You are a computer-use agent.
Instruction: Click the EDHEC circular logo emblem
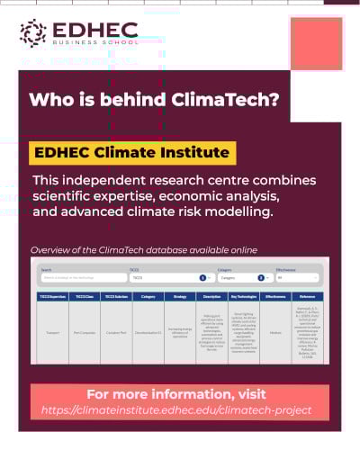click(33, 32)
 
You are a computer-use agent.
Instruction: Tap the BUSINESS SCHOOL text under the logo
click(94, 42)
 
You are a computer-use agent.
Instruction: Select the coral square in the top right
click(317, 43)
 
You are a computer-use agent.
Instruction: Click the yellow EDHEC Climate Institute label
click(131, 152)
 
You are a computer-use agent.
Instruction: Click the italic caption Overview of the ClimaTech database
click(144, 249)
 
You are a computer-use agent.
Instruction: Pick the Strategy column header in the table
click(179, 295)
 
